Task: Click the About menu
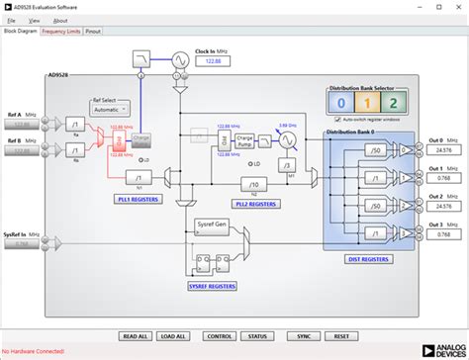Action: pos(60,20)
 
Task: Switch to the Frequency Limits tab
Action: pos(61,31)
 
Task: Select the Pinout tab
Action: pos(93,31)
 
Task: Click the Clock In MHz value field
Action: pos(212,62)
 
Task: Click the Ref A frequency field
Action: pos(26,126)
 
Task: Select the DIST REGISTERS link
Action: pos(366,260)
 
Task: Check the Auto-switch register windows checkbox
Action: pos(332,119)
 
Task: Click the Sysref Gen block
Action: pos(212,225)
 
